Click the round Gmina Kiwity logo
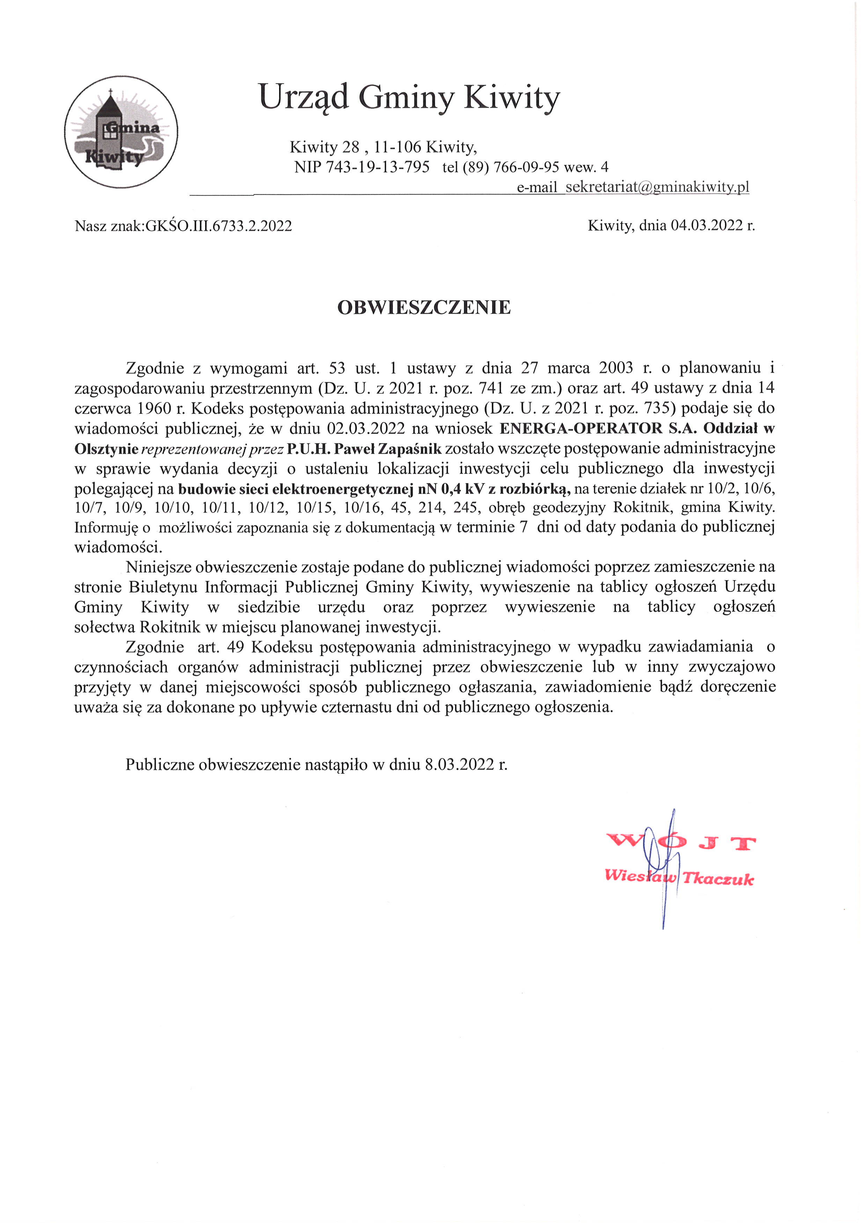(x=121, y=132)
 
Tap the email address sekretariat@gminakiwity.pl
(x=657, y=187)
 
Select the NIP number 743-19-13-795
(x=377, y=168)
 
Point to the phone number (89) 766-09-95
(x=511, y=168)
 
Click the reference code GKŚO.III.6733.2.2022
(x=219, y=226)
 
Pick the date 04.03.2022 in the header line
(x=706, y=225)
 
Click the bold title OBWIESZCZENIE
(x=424, y=307)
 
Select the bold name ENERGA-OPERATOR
(x=581, y=428)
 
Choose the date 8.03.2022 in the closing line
(x=460, y=764)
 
